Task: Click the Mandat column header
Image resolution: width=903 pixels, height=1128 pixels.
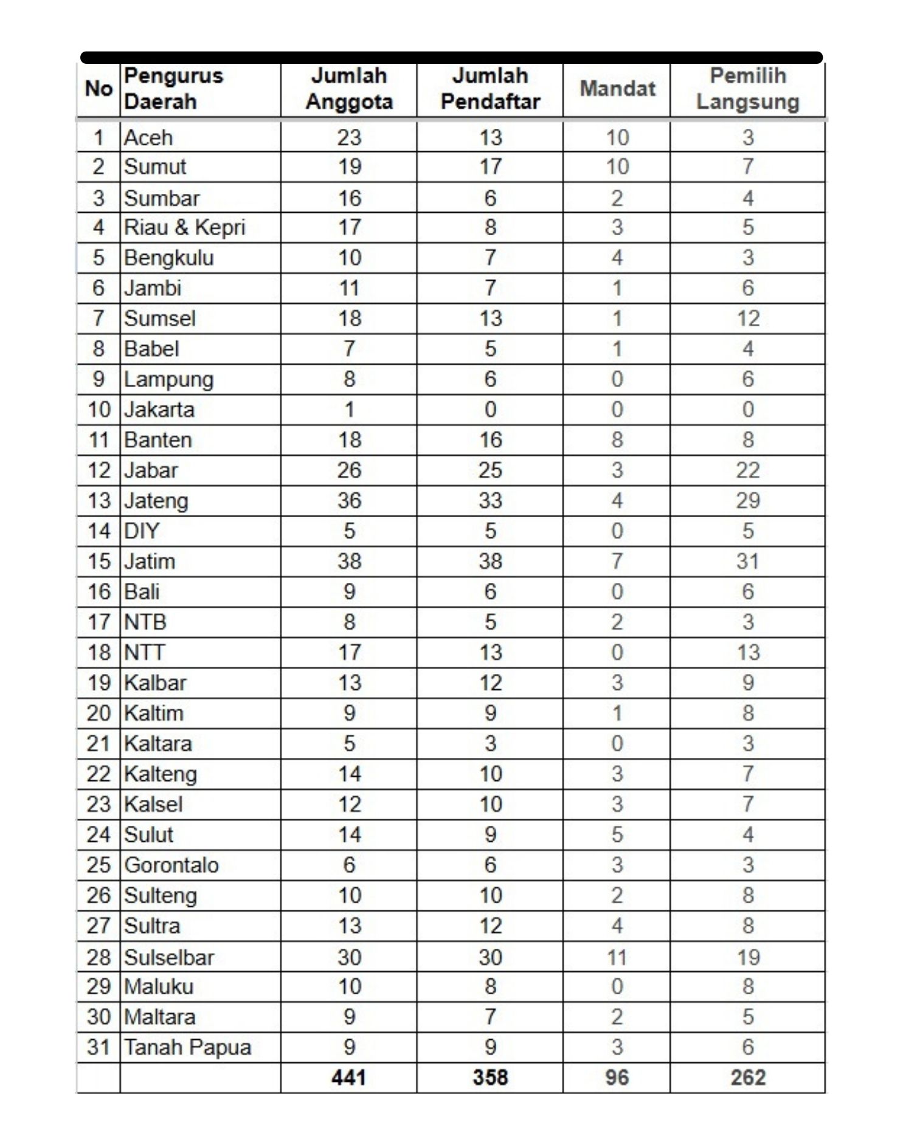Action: click(x=617, y=89)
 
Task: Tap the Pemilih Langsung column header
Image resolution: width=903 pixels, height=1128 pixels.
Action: click(x=747, y=89)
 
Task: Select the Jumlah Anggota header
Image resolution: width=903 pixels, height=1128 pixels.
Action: click(x=349, y=89)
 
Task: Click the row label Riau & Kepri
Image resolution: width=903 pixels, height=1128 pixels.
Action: click(x=184, y=227)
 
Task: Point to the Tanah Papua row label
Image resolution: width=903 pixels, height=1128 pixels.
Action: click(x=187, y=1047)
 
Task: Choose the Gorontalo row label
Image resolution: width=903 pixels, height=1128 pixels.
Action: click(x=171, y=865)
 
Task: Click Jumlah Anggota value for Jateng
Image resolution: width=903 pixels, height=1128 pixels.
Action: click(x=349, y=501)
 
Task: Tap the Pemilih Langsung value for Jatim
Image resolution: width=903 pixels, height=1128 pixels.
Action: click(x=747, y=561)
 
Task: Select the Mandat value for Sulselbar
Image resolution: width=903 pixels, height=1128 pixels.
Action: click(x=617, y=957)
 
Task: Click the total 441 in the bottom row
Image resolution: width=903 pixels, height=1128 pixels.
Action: click(x=349, y=1078)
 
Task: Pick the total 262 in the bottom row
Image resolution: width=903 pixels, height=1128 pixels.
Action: click(x=747, y=1078)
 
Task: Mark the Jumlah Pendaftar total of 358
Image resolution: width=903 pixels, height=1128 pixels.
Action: click(x=490, y=1078)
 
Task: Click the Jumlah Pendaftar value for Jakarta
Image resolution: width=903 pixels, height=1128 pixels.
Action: click(x=490, y=410)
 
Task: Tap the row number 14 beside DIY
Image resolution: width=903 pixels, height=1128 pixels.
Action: click(x=99, y=531)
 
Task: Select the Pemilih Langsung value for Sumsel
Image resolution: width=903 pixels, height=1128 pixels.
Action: click(x=747, y=318)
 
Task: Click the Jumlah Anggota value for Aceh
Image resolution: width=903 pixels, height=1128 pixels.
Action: click(x=349, y=137)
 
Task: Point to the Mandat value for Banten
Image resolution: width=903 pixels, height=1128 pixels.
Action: click(x=617, y=440)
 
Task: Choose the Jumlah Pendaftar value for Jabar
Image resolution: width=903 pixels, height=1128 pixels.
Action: click(x=490, y=470)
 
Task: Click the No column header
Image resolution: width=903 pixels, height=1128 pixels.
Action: click(x=99, y=89)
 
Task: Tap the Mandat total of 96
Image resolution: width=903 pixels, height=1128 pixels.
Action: click(x=617, y=1078)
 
